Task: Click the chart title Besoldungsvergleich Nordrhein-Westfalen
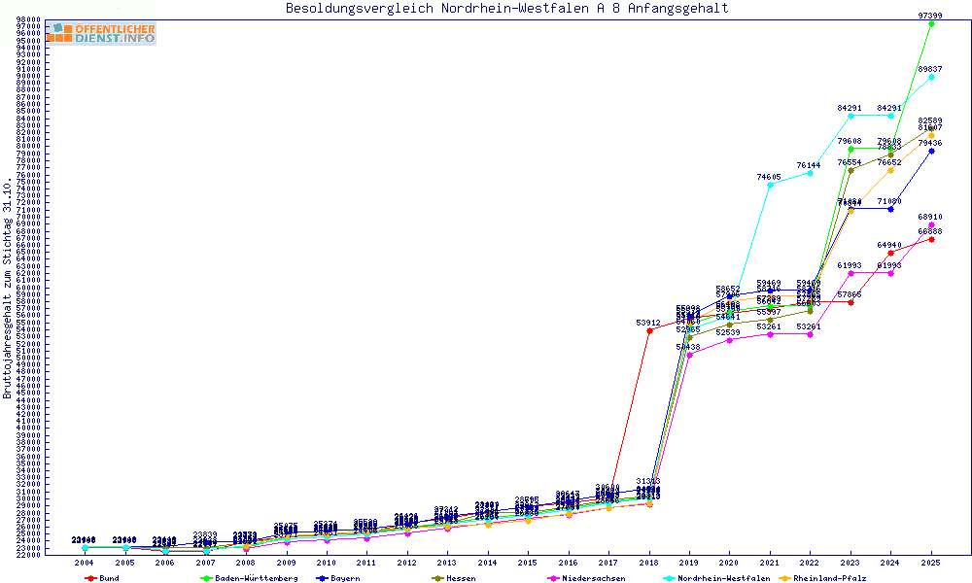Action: [x=506, y=9]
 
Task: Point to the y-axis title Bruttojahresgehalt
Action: [x=9, y=289]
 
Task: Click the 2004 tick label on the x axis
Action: [x=85, y=563]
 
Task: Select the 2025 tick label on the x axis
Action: [x=931, y=563]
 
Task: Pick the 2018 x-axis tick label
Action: [x=649, y=563]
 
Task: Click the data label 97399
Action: [x=930, y=15]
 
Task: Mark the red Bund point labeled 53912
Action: [x=649, y=330]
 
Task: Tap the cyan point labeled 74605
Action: [x=770, y=185]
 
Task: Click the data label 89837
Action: [x=930, y=69]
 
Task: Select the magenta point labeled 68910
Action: [x=931, y=224]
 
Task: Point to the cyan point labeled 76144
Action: [x=811, y=173]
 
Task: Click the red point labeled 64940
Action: [x=890, y=253]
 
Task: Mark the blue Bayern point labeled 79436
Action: [x=931, y=151]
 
